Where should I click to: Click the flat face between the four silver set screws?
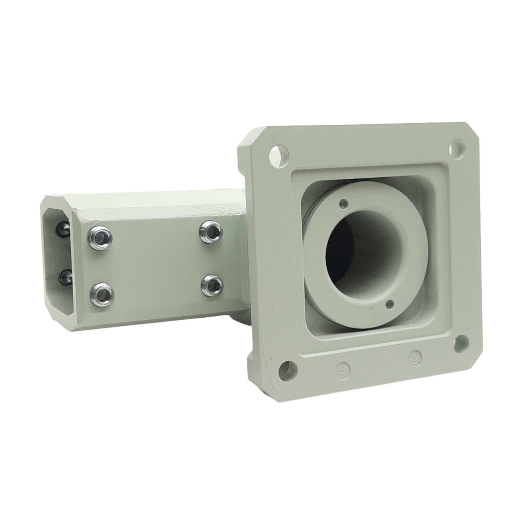click(x=156, y=261)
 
